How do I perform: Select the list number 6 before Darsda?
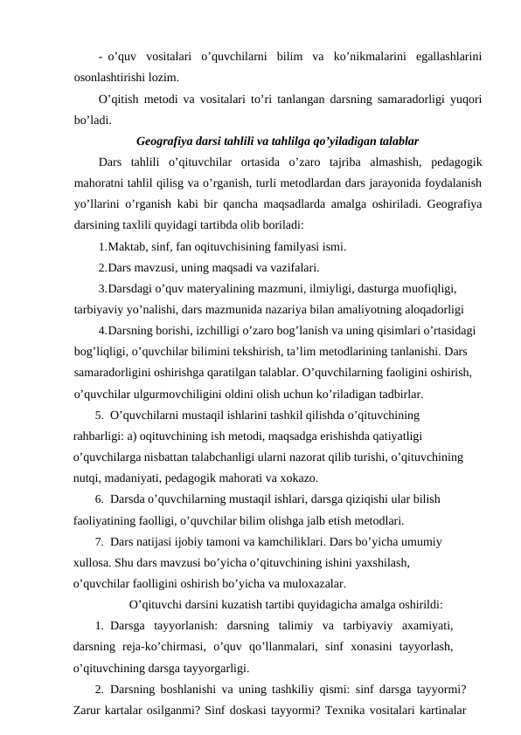tap(100, 500)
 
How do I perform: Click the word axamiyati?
tap(427, 626)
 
